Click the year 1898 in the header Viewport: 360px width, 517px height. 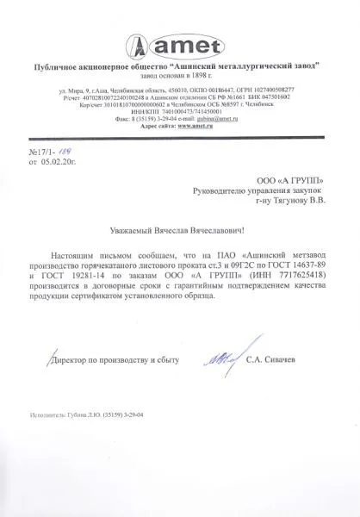click(x=212, y=74)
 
